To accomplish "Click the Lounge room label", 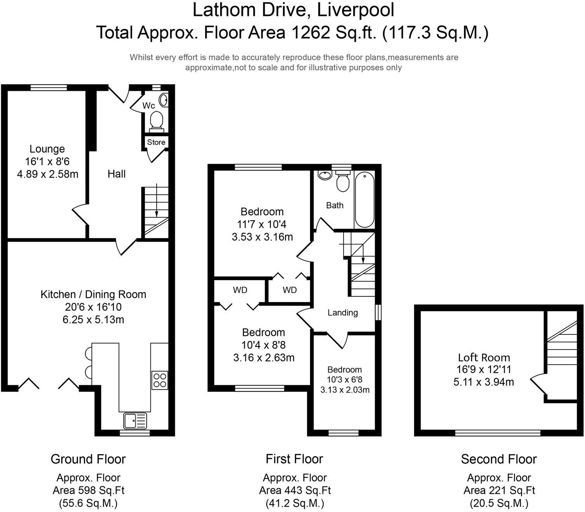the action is [47, 149].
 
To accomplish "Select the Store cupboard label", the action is [156, 142].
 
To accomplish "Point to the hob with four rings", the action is [160, 380].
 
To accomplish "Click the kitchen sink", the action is [135, 420].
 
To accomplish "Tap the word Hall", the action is [116, 174].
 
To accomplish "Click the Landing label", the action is [343, 313].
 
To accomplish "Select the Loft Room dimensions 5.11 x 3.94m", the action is [483, 382].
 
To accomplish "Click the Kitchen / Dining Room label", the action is [93, 294].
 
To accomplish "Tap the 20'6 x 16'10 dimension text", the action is [93, 307].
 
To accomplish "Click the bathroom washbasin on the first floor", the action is [325, 175].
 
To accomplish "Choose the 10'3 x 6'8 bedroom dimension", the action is [345, 380].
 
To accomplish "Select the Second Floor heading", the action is [499, 459].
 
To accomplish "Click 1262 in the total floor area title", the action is [311, 33].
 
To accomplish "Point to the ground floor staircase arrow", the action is [157, 200].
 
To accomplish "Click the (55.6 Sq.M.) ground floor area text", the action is [88, 503].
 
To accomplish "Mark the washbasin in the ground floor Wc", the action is [164, 100].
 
